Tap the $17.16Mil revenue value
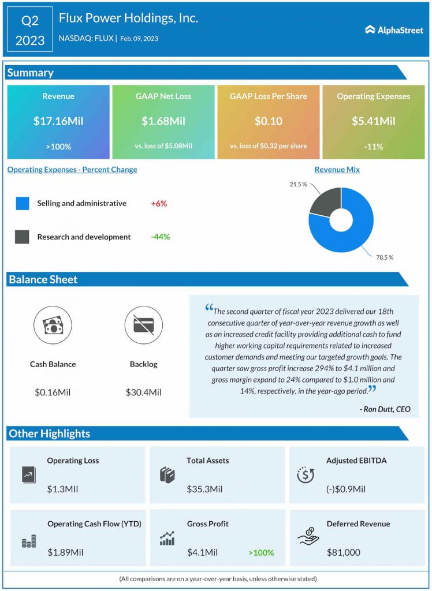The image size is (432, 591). (58, 121)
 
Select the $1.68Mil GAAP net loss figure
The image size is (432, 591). (163, 121)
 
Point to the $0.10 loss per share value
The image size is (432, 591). (268, 121)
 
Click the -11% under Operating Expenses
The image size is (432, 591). (374, 147)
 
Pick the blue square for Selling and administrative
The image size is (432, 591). (23, 204)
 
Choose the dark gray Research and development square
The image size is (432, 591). (23, 237)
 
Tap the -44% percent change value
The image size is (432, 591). (160, 237)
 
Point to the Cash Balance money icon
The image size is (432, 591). (53, 325)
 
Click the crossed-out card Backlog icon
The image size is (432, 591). (143, 325)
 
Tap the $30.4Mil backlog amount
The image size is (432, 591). (143, 392)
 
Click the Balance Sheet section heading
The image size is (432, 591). (43, 279)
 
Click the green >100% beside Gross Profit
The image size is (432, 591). (261, 553)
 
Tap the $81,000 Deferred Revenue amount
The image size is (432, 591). (343, 553)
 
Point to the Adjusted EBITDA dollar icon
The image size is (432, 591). (305, 474)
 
